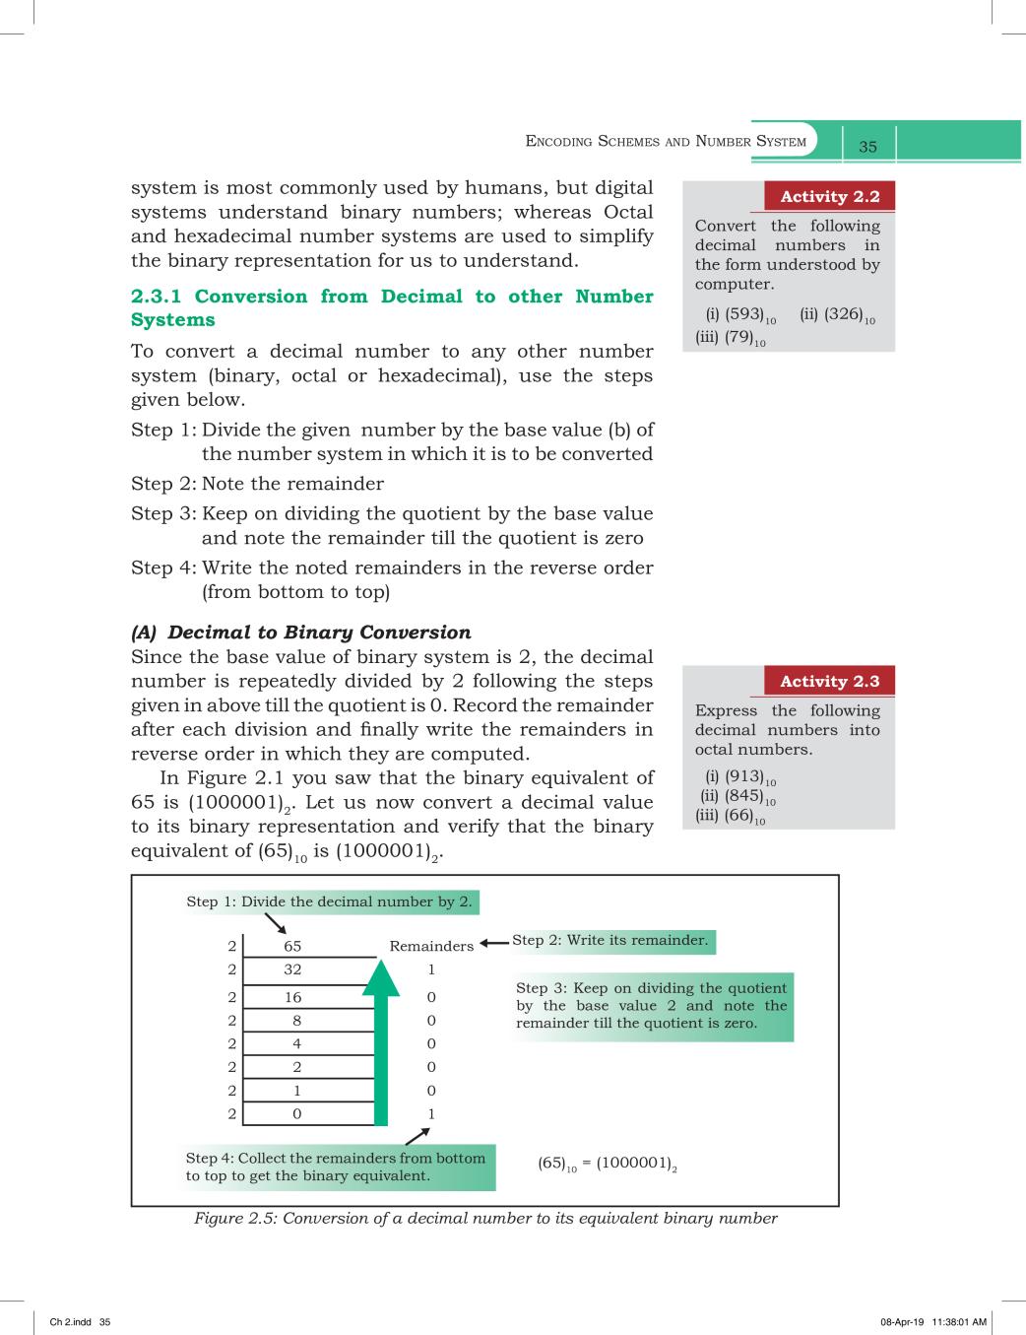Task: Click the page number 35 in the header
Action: [867, 147]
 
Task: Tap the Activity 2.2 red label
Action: [830, 197]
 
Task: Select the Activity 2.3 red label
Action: [830, 681]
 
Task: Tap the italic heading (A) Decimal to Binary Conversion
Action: [301, 632]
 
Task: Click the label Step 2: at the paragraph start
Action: [163, 484]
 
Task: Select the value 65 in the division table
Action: [292, 946]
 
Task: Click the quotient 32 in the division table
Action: [292, 969]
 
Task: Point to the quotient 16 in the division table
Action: [292, 997]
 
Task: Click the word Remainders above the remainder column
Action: [431, 946]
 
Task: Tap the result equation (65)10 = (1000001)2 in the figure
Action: [608, 1164]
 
